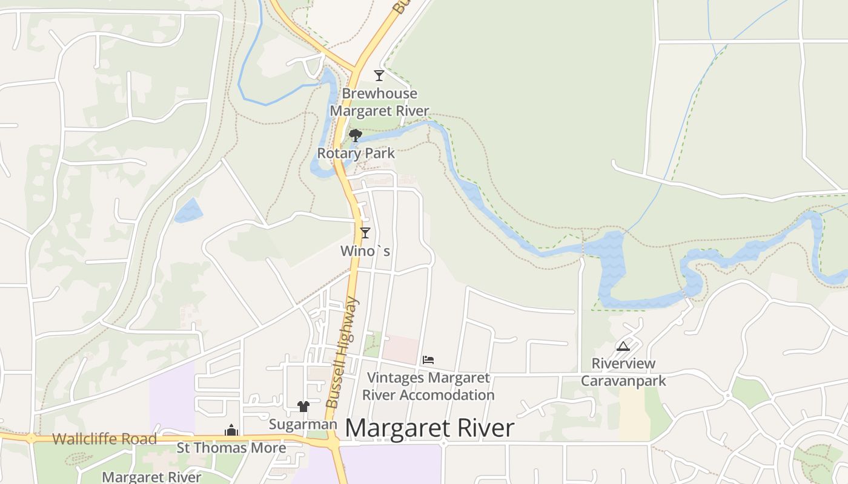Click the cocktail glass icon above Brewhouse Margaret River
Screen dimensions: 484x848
(x=379, y=76)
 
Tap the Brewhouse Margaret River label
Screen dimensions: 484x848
(x=379, y=102)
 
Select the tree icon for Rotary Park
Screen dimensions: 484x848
(x=356, y=136)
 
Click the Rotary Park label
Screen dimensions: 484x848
(x=356, y=153)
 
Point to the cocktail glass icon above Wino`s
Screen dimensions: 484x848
(x=365, y=233)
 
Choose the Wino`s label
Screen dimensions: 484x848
(x=365, y=250)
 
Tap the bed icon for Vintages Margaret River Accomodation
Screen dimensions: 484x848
(x=428, y=360)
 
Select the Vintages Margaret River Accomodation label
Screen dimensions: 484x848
(x=428, y=387)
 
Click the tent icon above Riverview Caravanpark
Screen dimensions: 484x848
(x=623, y=347)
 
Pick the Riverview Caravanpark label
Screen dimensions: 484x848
(x=623, y=372)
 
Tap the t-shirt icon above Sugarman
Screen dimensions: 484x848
(x=303, y=407)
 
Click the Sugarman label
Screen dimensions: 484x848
(x=303, y=425)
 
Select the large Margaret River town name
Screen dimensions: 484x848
(x=429, y=428)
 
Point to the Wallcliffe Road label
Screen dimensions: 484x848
(x=104, y=439)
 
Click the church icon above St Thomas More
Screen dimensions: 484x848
(x=231, y=431)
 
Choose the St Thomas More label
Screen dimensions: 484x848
(x=231, y=448)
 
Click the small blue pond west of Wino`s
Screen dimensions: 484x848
(x=188, y=211)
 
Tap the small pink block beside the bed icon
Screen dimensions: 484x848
(x=400, y=349)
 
